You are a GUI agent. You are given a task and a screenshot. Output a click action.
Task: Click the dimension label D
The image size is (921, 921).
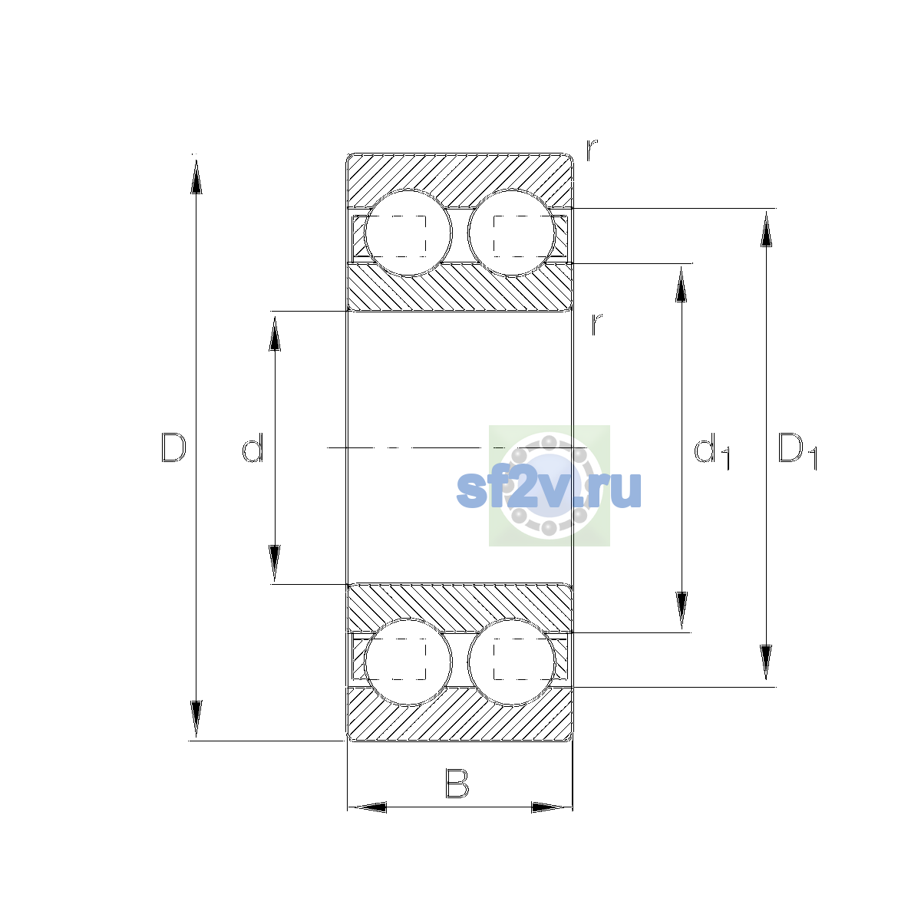click(173, 447)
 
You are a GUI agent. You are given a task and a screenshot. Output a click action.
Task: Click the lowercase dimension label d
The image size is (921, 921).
click(253, 447)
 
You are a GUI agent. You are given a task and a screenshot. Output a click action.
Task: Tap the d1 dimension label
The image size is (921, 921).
click(711, 451)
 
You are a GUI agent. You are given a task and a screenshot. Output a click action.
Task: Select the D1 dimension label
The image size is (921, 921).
click(797, 451)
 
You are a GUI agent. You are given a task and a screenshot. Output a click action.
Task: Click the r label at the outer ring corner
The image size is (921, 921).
click(592, 150)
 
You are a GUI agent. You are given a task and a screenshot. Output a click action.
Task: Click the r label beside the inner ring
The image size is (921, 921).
click(596, 324)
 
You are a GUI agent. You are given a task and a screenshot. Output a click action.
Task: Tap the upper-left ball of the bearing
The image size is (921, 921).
click(408, 233)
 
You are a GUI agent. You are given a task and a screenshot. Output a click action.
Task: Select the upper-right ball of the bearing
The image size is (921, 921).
click(511, 233)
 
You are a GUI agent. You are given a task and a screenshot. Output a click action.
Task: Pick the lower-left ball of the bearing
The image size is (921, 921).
click(408, 662)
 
